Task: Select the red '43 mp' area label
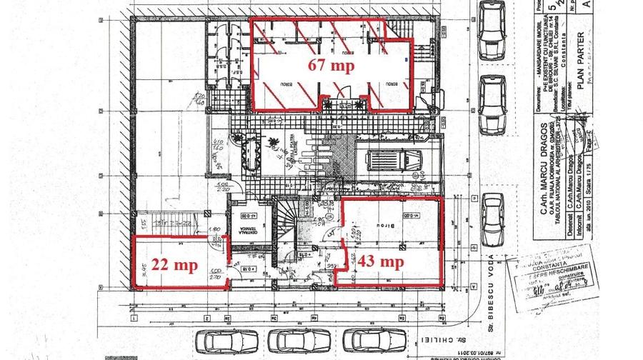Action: coord(385,261)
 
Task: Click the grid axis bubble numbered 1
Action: coord(134,316)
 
